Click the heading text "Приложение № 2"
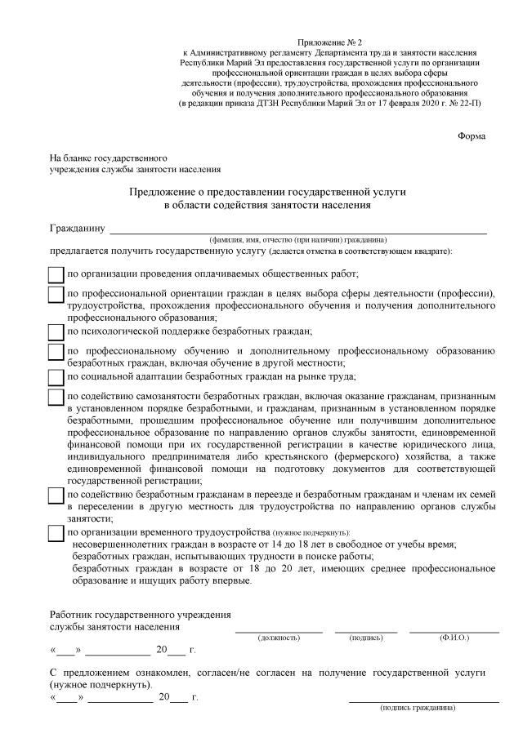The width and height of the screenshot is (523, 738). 331,41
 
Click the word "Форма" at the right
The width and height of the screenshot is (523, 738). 472,136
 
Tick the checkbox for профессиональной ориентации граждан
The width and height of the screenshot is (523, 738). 56,294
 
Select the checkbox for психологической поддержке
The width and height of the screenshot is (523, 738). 56,331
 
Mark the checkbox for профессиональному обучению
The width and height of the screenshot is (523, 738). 56,351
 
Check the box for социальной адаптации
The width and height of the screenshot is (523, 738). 56,376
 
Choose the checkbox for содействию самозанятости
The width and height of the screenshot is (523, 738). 56,397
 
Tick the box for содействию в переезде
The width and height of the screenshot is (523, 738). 56,496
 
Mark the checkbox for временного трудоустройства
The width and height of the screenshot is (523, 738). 56,532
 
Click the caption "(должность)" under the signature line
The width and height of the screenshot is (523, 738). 279,637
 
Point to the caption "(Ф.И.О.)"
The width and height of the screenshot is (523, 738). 454,637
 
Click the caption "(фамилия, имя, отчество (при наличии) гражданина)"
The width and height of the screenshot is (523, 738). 297,240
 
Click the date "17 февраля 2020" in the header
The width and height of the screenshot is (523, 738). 396,104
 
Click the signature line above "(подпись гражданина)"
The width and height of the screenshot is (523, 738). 423,700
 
